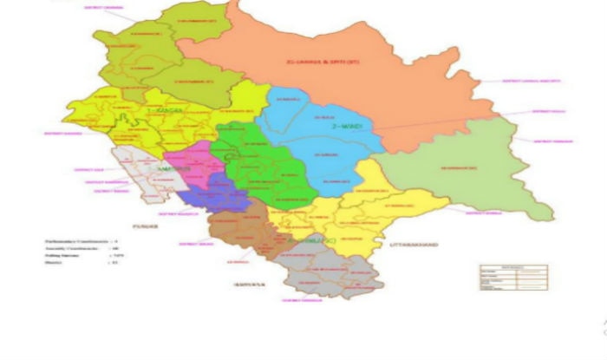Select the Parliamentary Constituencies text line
(83, 240)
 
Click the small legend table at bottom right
(513, 277)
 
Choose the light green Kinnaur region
(468, 173)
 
